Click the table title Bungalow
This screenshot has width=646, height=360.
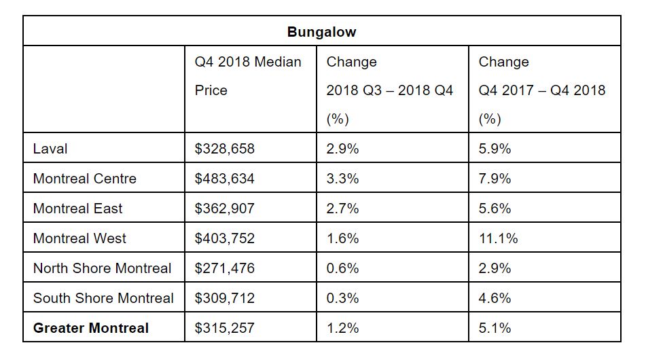(321, 32)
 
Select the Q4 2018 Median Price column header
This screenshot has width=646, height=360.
(247, 75)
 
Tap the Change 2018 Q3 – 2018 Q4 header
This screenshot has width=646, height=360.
(389, 90)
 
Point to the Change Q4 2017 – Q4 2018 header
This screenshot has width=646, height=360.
(541, 90)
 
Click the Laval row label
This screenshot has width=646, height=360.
(50, 149)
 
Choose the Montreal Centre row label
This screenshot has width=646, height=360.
(84, 179)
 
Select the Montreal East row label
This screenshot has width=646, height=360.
(77, 209)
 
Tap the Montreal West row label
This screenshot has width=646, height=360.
(79, 238)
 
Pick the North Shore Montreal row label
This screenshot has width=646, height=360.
(102, 268)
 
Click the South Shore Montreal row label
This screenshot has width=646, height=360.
(103, 298)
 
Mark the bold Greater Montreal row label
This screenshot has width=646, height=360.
(90, 328)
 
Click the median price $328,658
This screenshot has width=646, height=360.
(224, 149)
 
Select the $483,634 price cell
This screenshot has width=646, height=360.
(224, 179)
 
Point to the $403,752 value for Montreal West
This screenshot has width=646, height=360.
(224, 238)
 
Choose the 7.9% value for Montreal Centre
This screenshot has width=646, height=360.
(495, 179)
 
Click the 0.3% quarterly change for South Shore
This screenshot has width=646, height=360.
(342, 298)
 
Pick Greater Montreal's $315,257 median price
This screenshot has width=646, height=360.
(224, 328)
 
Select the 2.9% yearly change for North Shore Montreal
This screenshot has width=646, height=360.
(495, 268)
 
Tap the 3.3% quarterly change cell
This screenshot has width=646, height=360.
(342, 179)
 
